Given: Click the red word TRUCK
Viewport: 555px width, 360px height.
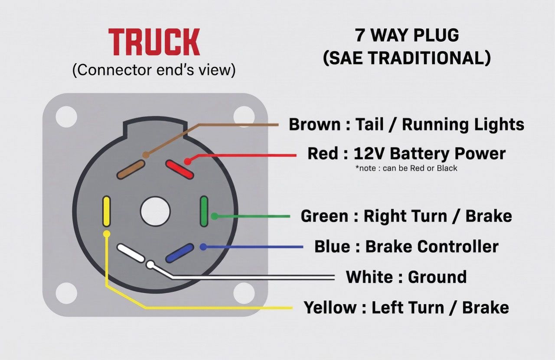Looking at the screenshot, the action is click(154, 42).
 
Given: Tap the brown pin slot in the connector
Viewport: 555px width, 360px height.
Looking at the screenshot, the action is click(131, 169).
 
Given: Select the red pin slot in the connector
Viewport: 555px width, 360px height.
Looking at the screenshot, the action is click(180, 169).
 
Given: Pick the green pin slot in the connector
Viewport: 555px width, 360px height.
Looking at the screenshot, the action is click(204, 211).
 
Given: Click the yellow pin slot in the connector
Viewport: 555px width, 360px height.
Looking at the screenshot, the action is click(107, 211).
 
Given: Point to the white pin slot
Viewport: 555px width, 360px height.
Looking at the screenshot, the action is click(131, 253).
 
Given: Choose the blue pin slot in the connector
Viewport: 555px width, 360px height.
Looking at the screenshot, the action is click(180, 253).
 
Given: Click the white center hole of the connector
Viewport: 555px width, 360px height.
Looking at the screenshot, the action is click(155, 211).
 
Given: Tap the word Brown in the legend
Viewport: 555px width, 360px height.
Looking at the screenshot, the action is click(315, 124).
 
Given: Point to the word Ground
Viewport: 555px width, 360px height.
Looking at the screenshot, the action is click(437, 277).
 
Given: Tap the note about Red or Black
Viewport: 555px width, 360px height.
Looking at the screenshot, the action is click(406, 169).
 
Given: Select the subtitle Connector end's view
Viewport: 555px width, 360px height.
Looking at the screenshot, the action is click(154, 70).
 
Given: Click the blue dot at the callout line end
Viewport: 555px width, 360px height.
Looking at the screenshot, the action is click(203, 246).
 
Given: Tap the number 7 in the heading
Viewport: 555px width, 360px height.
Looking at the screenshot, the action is click(360, 35).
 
